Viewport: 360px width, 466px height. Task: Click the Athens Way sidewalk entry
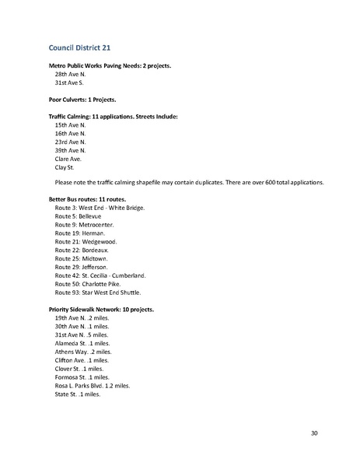(82, 351)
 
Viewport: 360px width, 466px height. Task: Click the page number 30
(313, 433)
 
